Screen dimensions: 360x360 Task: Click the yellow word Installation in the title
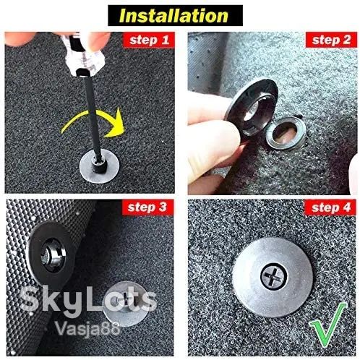coord(173,16)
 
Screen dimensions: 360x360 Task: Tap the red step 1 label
coord(149,40)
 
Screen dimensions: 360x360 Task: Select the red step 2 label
coord(331,40)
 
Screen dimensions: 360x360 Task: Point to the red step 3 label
coord(147,207)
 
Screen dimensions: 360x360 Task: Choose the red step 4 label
coord(331,207)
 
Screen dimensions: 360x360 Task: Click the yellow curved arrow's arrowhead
coord(116,123)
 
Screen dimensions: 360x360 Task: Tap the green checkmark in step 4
coord(328,324)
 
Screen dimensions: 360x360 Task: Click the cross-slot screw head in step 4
coord(274,276)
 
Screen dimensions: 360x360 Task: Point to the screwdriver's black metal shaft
coord(92,116)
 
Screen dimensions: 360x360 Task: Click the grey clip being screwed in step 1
coord(99,166)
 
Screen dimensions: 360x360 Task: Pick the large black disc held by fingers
coord(252,108)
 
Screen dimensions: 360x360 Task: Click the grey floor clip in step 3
coord(123,303)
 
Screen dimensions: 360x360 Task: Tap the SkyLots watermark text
coord(88,300)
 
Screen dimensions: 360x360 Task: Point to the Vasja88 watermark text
coord(87,327)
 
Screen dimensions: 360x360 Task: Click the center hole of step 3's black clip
coord(48,255)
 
